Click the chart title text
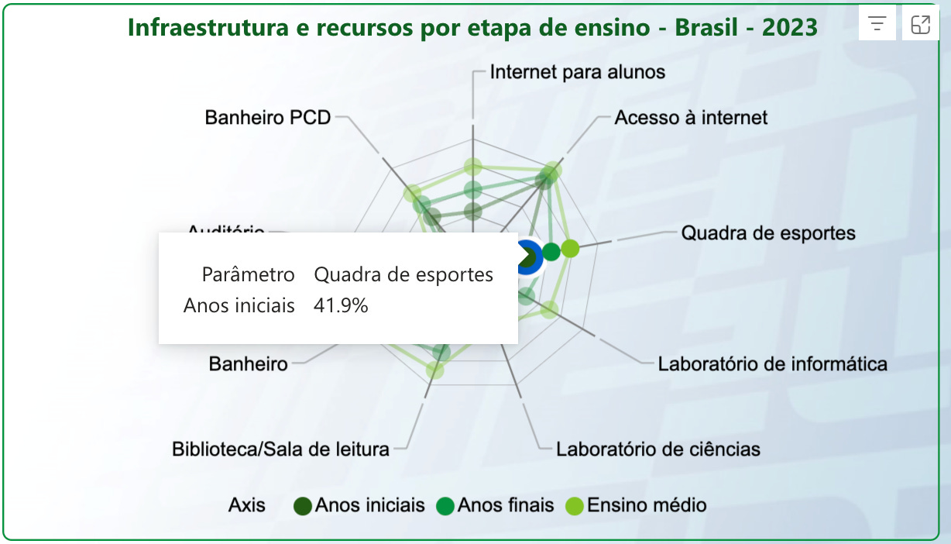[x=472, y=28]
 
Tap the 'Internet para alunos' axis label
[x=578, y=72]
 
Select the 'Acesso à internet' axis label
[x=691, y=118]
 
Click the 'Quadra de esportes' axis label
[x=768, y=233]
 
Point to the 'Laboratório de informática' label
[x=772, y=363]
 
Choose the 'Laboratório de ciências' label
[x=658, y=449]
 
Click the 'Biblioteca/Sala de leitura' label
[x=280, y=449]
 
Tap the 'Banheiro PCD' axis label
[x=268, y=118]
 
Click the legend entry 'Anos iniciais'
[x=360, y=506]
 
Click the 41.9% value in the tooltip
[x=341, y=306]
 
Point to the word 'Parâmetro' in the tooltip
[x=248, y=275]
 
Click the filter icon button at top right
[x=877, y=24]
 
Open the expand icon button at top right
[x=920, y=24]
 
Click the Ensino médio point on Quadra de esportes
[x=570, y=249]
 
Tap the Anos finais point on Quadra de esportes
[x=551, y=251]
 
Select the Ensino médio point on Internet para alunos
[x=472, y=167]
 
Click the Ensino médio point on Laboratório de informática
[x=549, y=310]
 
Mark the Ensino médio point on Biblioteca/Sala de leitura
[x=435, y=370]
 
